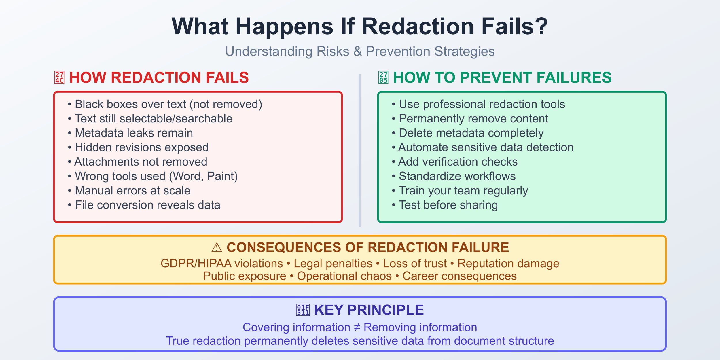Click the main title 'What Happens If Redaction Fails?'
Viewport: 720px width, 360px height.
[360, 26]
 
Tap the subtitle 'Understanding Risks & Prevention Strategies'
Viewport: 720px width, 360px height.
[360, 52]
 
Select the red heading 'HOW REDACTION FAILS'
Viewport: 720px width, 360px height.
[159, 78]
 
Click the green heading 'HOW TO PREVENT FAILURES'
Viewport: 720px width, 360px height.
[502, 78]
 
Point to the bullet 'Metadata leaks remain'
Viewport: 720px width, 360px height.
[134, 133]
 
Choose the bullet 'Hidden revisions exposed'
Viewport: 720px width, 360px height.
[141, 147]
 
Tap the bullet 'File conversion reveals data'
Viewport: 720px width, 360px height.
[147, 205]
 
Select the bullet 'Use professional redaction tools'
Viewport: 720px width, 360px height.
[482, 104]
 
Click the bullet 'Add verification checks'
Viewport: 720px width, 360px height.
[458, 162]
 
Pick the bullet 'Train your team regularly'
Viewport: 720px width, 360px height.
[463, 191]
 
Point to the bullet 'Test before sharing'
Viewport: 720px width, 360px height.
[448, 205]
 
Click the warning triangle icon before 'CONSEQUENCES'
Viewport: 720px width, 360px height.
[217, 248]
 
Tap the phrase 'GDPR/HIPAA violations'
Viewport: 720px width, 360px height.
[221, 264]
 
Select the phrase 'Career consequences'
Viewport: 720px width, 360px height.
[459, 276]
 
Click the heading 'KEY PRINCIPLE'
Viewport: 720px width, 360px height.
[369, 310]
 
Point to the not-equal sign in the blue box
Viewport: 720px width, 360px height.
[357, 327]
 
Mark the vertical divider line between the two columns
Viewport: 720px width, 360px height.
[360, 150]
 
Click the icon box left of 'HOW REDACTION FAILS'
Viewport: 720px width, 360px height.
[59, 78]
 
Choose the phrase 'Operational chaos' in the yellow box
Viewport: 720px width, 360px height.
[344, 276]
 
